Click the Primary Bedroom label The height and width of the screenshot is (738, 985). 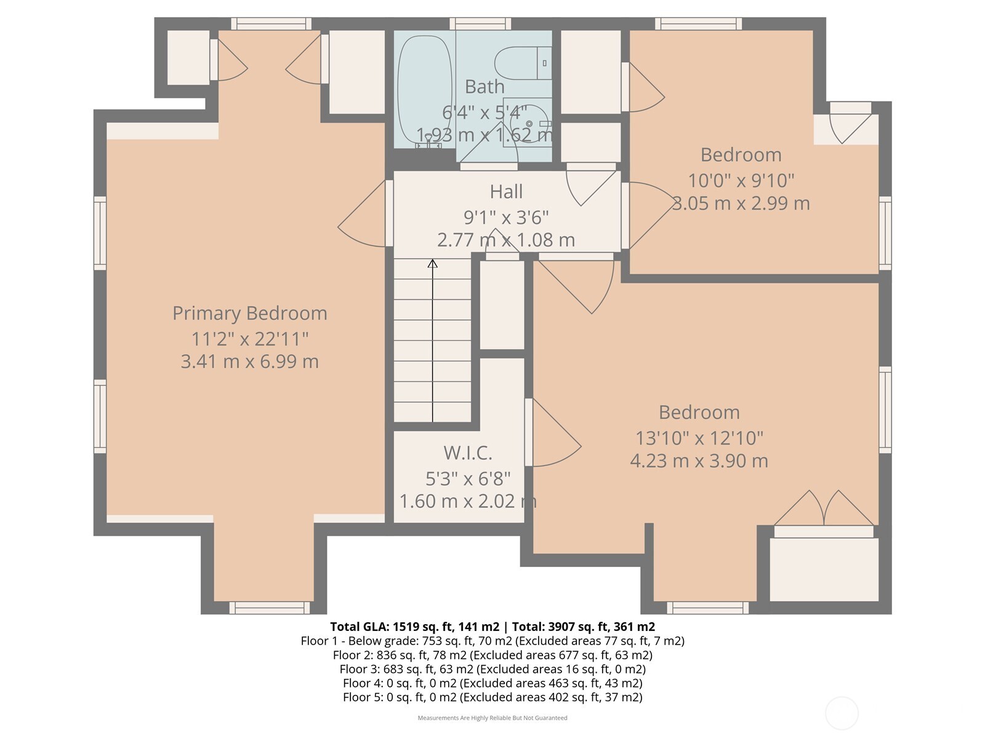[249, 314]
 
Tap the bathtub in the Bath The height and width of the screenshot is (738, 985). [425, 90]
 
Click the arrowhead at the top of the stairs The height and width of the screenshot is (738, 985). [433, 263]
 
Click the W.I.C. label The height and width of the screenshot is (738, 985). [468, 453]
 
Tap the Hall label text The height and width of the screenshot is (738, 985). [506, 192]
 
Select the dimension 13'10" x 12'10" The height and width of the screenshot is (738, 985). [699, 438]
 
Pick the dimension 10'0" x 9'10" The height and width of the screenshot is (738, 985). [741, 181]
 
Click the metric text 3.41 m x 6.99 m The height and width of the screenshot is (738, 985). [249, 362]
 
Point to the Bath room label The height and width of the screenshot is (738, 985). [484, 87]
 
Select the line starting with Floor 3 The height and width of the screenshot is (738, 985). [492, 669]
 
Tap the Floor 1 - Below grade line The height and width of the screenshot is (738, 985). [492, 641]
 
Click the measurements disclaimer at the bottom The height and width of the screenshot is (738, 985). [492, 718]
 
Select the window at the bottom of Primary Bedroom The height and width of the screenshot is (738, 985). [269, 608]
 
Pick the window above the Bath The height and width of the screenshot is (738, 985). [480, 24]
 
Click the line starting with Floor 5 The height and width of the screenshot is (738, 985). [492, 697]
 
